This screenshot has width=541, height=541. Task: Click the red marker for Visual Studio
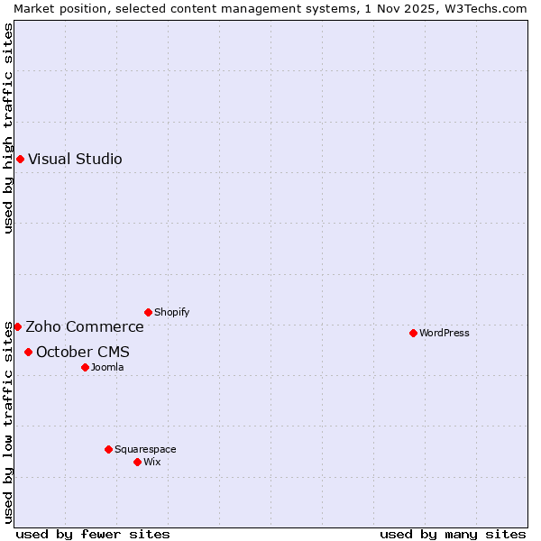coord(20,160)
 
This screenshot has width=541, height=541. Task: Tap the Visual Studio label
coord(75,160)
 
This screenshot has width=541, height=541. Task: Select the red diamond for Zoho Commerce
coord(17,326)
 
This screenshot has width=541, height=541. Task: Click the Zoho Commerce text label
coord(84,326)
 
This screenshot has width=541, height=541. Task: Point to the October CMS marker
coord(28,352)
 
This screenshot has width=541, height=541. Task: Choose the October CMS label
coord(82,352)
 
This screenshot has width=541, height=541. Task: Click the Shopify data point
coord(148,313)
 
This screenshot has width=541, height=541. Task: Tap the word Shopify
coord(171,313)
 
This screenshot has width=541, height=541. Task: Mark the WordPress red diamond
coord(413,333)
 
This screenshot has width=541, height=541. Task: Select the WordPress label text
coord(444,333)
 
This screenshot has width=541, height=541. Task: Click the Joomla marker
coord(85,367)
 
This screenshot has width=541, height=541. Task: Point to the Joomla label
coord(107,367)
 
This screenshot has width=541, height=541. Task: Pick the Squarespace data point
coord(108,449)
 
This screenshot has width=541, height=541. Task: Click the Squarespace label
coord(145,449)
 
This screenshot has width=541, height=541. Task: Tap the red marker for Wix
coord(137,462)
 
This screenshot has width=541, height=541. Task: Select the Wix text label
coord(151,462)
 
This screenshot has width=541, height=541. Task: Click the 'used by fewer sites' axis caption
coord(93,534)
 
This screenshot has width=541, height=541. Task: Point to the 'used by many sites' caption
coord(453,534)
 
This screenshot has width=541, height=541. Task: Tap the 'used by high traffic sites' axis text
coord(8,128)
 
